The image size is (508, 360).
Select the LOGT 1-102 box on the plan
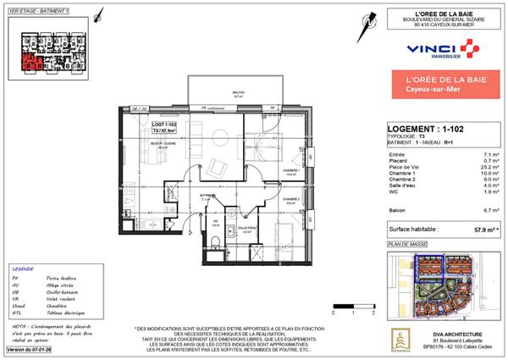163,129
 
